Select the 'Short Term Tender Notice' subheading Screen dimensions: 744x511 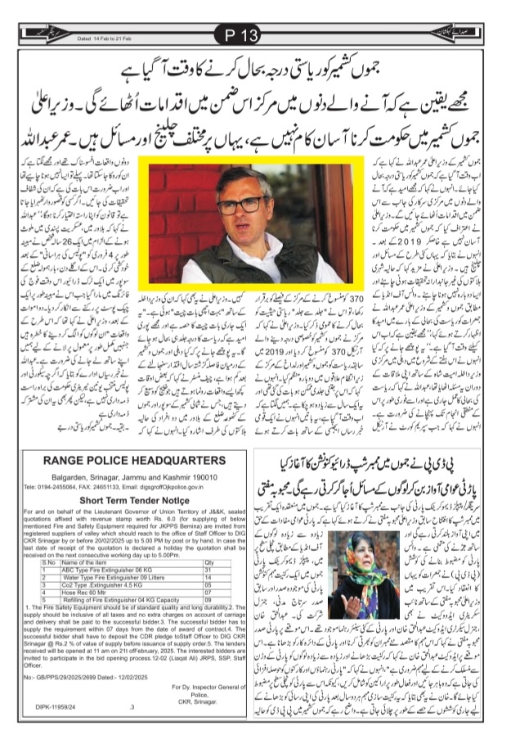point(131,501)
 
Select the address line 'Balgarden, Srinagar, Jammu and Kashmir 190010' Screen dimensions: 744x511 point(132,474)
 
